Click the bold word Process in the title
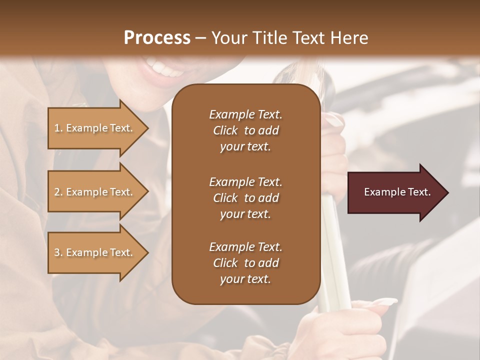[157, 37]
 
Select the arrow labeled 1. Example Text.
[95, 128]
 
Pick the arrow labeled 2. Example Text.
[95, 192]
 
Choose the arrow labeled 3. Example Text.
[95, 252]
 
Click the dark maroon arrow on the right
[395, 192]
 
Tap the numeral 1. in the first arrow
[58, 128]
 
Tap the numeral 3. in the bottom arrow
[58, 252]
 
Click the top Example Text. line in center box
[245, 114]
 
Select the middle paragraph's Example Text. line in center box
[245, 182]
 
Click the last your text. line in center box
[245, 279]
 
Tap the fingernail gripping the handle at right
[334, 120]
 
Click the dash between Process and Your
[200, 38]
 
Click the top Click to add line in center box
[245, 130]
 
